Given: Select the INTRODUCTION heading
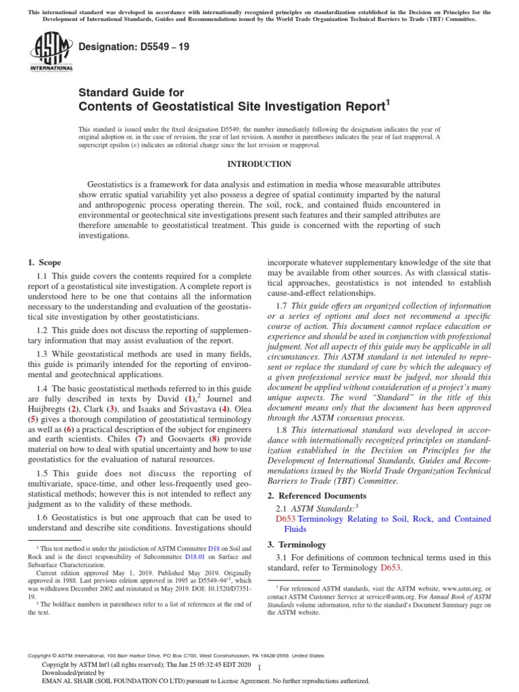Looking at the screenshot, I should point(259,164).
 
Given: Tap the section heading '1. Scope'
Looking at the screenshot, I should point(44,262).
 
